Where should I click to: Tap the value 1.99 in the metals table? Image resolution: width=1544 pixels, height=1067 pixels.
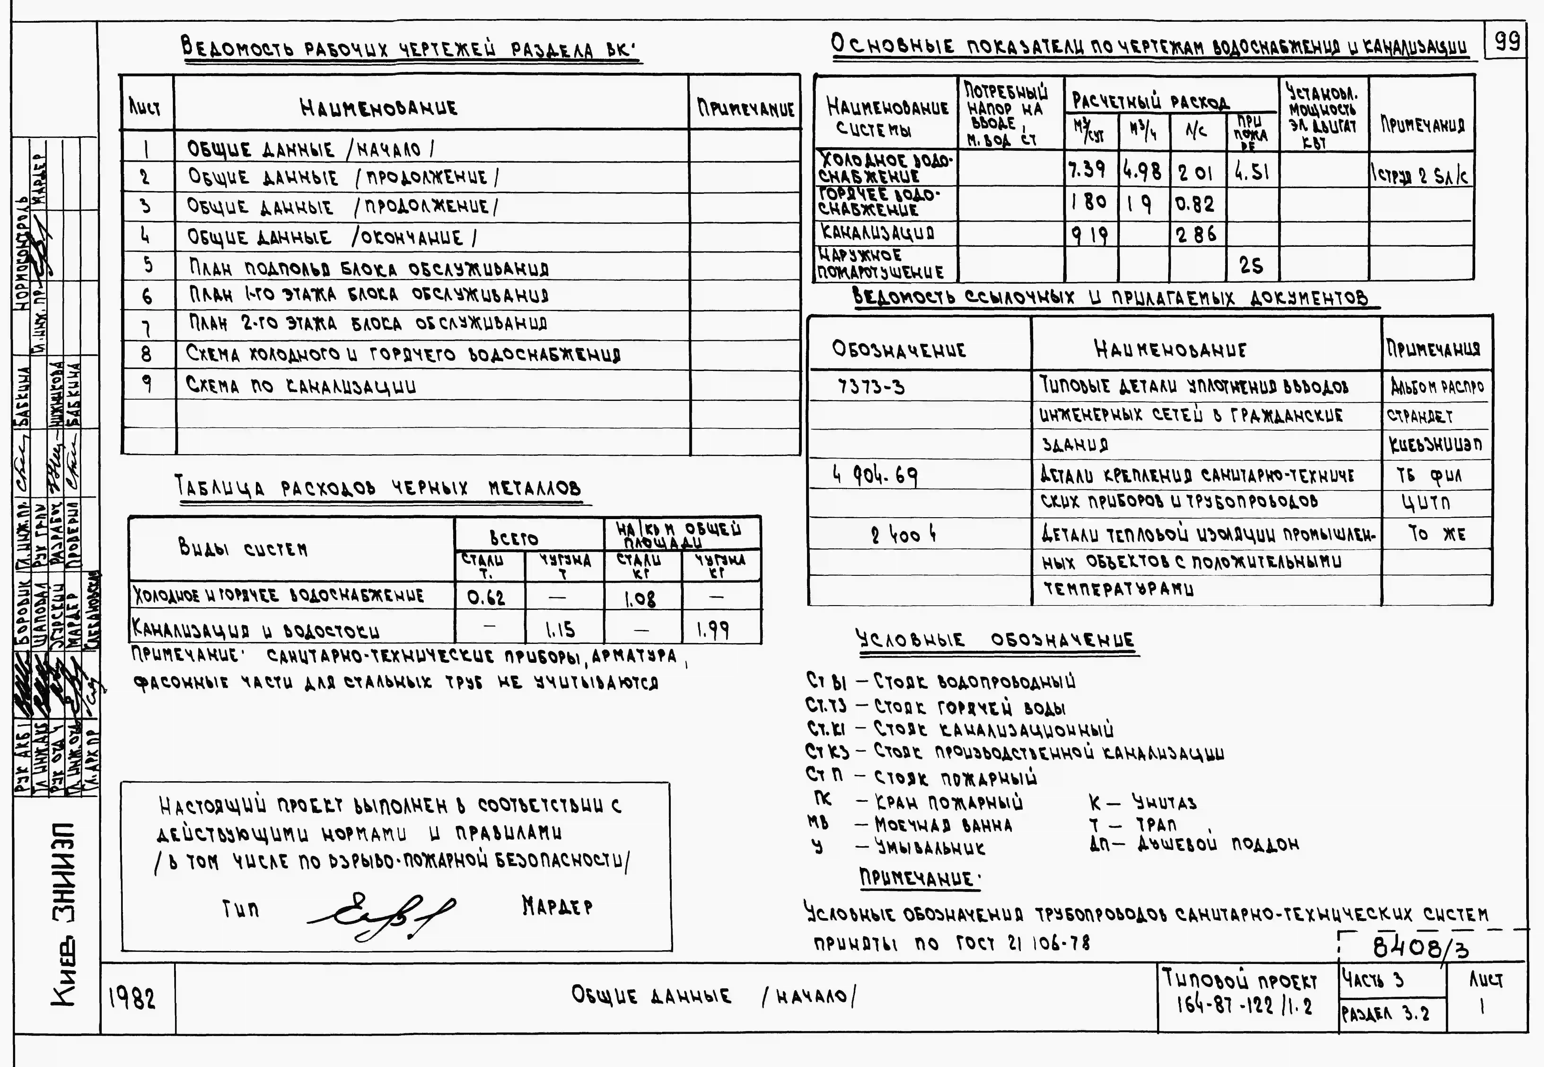[x=712, y=630]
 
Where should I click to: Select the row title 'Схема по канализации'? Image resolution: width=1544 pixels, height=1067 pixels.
[x=301, y=386]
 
